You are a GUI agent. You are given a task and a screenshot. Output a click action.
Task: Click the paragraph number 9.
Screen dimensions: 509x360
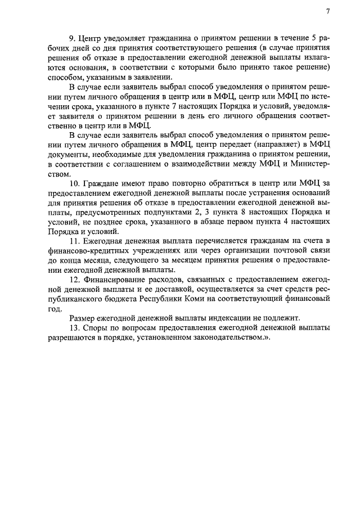[x=72, y=39]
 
